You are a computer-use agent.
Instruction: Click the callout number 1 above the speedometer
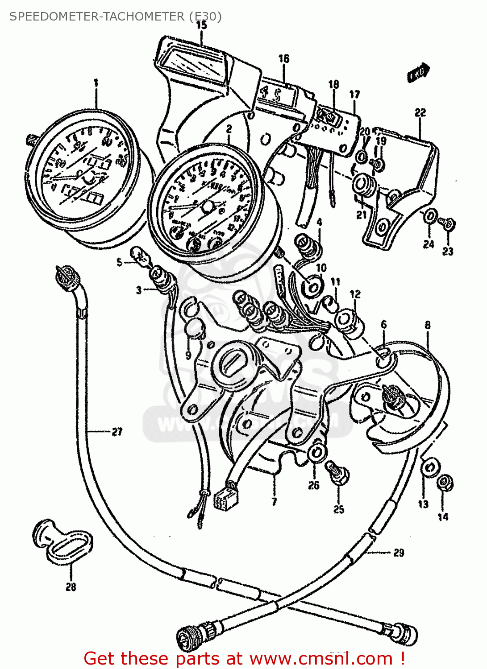pos(96,83)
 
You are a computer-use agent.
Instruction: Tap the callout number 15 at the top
pos(201,25)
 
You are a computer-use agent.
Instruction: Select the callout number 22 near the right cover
pos(420,112)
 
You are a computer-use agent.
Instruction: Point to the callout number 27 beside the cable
pos(117,431)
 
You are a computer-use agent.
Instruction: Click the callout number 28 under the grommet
pos(71,587)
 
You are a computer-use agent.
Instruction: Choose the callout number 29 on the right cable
pos(398,553)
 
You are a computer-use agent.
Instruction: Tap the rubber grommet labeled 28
pos(62,540)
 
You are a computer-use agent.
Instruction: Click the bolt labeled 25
pos(337,473)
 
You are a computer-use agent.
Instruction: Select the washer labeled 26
pos(316,453)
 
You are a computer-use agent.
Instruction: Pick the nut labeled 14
pos(445,483)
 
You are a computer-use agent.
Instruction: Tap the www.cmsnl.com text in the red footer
pos(321,658)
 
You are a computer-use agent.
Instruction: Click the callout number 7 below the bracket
pos(274,502)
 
